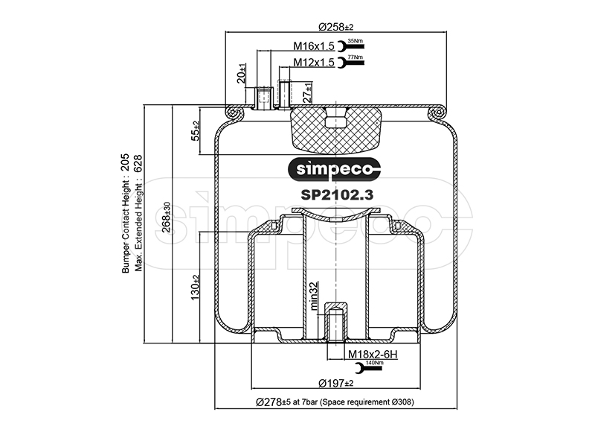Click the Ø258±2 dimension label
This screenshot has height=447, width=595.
pos(335,27)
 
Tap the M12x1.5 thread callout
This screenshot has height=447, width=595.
pos(313,63)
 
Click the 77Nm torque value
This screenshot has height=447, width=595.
pos(356,57)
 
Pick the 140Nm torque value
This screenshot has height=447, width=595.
pos(374,363)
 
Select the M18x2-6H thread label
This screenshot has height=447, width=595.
pos(373,354)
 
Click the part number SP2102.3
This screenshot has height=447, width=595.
pos(336,194)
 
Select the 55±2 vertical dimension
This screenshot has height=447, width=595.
pos(196,130)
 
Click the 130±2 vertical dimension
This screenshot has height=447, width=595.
pos(196,288)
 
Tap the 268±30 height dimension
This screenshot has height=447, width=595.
pos(167,215)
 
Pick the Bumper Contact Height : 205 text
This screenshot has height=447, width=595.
pos(126,216)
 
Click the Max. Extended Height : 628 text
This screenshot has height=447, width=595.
pos(138,216)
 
